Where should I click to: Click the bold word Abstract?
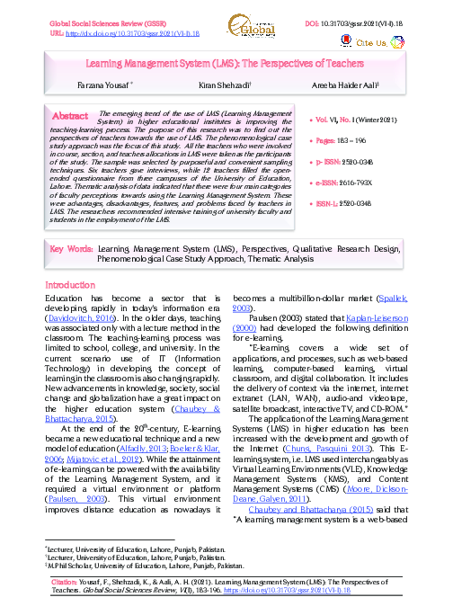click(70, 116)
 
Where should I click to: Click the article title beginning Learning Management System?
click(226, 65)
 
